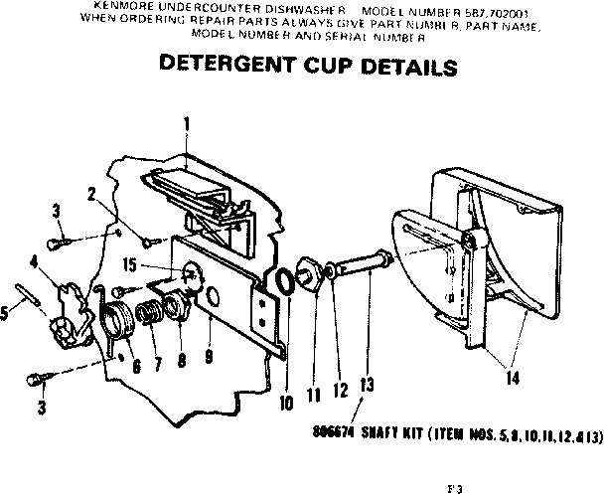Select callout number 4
(x=34, y=262)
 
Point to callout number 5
(x=6, y=311)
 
